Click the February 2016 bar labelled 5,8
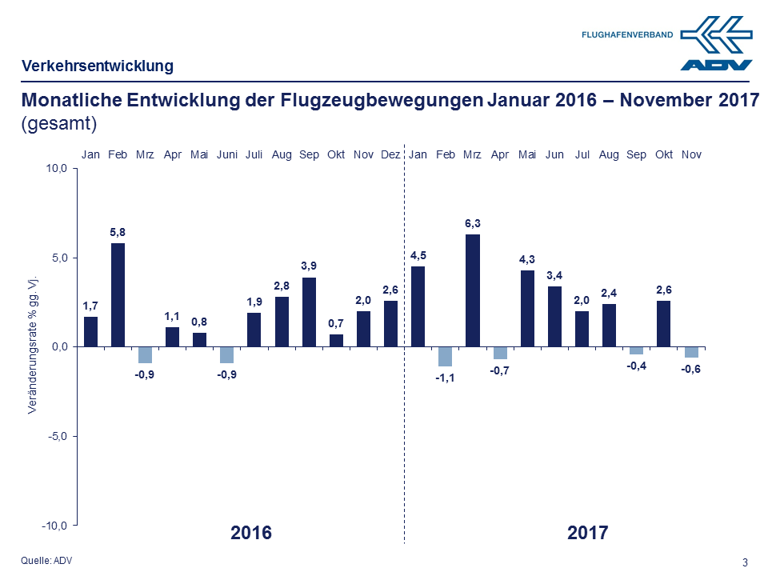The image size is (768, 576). [x=118, y=294]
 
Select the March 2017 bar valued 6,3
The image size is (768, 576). [x=472, y=290]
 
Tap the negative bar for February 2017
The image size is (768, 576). [x=445, y=356]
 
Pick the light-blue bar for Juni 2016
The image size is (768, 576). [x=226, y=354]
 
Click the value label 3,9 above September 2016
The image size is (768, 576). [x=309, y=266]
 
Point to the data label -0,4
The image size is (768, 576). [x=637, y=366]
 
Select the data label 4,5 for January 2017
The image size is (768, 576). [x=418, y=254]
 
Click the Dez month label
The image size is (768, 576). [x=390, y=154]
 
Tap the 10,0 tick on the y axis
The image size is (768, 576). [x=59, y=169]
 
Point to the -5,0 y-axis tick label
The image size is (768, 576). [x=59, y=436]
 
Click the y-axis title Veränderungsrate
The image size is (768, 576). [x=33, y=346]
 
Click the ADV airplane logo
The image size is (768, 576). [x=716, y=44]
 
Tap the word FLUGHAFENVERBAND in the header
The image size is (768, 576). [x=627, y=35]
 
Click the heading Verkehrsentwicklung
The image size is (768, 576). [x=97, y=66]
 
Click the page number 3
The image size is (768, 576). [x=746, y=562]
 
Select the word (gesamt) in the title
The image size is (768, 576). [x=58, y=123]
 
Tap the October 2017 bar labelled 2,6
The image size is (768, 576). [x=663, y=323]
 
